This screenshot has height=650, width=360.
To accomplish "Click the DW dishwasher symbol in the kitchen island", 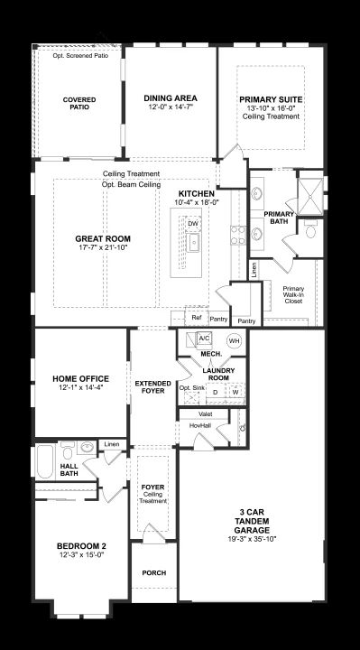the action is [x=193, y=224].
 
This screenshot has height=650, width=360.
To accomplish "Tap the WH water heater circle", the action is [x=235, y=341].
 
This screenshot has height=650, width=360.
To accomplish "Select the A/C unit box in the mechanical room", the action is [x=204, y=339].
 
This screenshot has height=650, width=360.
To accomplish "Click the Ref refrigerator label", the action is [x=196, y=318].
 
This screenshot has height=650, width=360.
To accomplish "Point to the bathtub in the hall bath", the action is [x=45, y=461].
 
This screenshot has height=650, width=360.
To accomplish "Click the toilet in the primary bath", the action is [x=310, y=230].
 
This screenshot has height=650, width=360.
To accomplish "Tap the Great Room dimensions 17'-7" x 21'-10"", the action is [x=103, y=247].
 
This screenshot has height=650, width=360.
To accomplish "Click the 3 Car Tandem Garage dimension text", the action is [x=252, y=539].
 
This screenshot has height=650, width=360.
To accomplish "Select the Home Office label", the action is [x=81, y=379].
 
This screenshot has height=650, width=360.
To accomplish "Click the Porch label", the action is [x=154, y=573].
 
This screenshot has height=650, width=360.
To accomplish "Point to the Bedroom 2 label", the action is [x=78, y=546].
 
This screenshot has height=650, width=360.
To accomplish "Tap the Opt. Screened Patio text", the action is [x=80, y=56].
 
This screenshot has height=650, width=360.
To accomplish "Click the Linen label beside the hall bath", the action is [x=112, y=444].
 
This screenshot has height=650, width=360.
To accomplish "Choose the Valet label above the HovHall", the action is [x=205, y=414].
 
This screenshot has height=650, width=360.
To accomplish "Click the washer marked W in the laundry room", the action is [x=235, y=392].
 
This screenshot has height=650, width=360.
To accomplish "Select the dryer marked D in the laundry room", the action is [x=216, y=392].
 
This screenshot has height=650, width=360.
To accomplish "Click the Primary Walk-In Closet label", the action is [x=293, y=294].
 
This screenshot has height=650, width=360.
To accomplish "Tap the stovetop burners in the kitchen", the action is [x=238, y=236].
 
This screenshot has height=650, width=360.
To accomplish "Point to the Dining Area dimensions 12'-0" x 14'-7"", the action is [x=171, y=107].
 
